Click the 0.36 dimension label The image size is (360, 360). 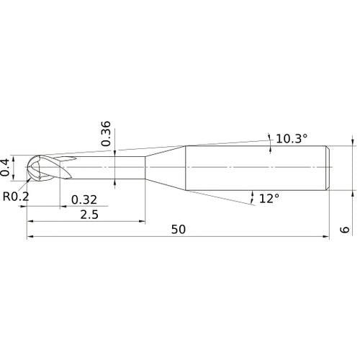[106, 134]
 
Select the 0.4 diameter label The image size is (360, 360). [6, 166]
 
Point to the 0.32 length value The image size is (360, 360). [84, 199]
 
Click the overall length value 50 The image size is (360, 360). [179, 230]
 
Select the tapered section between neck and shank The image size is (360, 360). [166, 167]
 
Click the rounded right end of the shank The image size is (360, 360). [328, 167]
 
